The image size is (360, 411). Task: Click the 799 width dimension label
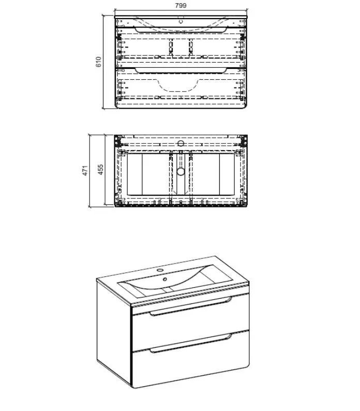pyautogui.click(x=181, y=5)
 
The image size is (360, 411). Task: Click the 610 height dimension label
pyautogui.click(x=98, y=62)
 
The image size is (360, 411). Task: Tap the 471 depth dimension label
pyautogui.click(x=85, y=171)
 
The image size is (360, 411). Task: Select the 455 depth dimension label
pyautogui.click(x=100, y=170)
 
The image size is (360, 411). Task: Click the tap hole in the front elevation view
pyautogui.click(x=181, y=22)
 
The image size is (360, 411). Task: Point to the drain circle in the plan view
pyautogui.click(x=181, y=172)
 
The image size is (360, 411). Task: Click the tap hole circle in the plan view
pyautogui.click(x=181, y=143)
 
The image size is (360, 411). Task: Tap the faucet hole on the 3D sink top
pyautogui.click(x=160, y=270)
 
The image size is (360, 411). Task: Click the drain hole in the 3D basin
pyautogui.click(x=165, y=279)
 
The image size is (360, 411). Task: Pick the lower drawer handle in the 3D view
pyautogui.click(x=191, y=343)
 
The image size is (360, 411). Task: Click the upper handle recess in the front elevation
pyautogui.click(x=181, y=30)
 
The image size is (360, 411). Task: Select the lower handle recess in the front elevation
pyautogui.click(x=181, y=70)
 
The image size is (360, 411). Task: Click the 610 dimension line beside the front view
pyautogui.click(x=103, y=62)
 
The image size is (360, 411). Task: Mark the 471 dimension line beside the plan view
pyautogui.click(x=90, y=171)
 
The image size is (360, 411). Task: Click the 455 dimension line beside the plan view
pyautogui.click(x=106, y=170)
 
